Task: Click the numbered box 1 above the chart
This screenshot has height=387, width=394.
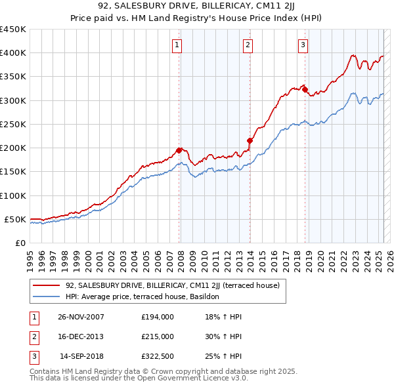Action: [178, 45]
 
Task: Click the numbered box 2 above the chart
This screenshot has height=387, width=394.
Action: [248, 45]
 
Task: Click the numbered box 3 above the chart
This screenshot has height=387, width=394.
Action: [303, 45]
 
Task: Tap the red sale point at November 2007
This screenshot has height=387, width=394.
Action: [179, 150]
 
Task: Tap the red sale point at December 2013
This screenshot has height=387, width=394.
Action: [250, 140]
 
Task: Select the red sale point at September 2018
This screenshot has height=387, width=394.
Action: [305, 89]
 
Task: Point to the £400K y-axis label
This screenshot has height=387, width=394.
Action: [13, 53]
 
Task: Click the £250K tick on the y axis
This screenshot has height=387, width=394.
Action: [13, 124]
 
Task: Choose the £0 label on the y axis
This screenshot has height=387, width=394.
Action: [20, 243]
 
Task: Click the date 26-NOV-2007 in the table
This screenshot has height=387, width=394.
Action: [81, 317]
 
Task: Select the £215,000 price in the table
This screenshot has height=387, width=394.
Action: [157, 336]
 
